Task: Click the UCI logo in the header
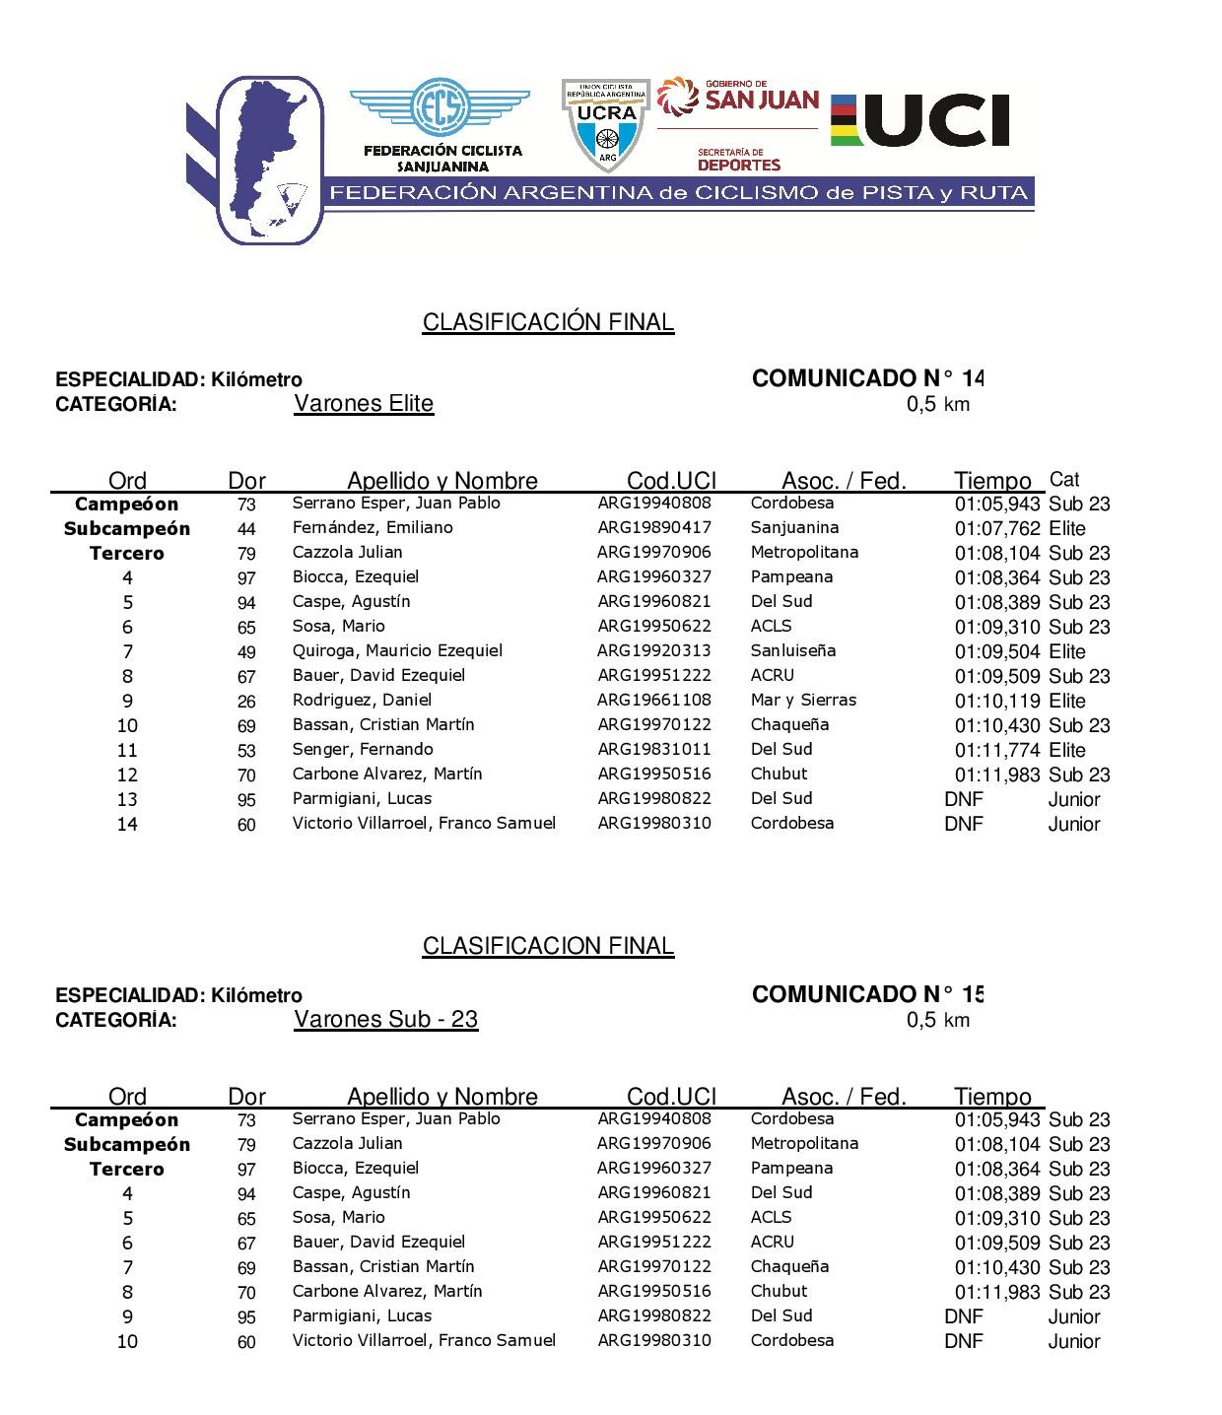[920, 120]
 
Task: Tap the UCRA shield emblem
[605, 125]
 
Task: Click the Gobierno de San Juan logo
[738, 98]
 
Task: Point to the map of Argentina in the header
[271, 158]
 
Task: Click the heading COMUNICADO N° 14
[867, 378]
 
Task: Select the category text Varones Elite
[364, 404]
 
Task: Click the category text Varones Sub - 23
[385, 1019]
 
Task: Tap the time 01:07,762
[996, 528]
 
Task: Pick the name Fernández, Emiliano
[373, 527]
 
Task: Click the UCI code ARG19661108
[654, 700]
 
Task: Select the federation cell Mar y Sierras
[803, 700]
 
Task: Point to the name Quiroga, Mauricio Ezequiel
[397, 650]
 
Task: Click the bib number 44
[246, 529]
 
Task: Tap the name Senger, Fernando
[363, 749]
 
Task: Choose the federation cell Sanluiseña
[792, 650]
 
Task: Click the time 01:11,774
[996, 750]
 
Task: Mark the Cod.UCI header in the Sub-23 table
[671, 1097]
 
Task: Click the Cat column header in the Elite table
[1064, 480]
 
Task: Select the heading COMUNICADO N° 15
[867, 994]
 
